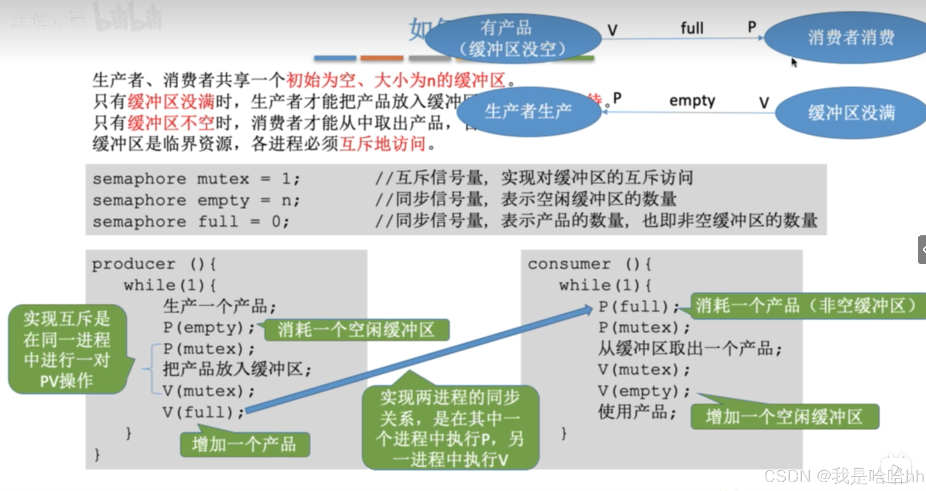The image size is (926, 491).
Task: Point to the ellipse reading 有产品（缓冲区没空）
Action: tap(513, 38)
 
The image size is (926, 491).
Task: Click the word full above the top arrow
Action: tap(692, 28)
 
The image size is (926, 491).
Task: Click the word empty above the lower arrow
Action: tap(692, 101)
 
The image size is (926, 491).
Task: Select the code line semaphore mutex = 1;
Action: tap(196, 179)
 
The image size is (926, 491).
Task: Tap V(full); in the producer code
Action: tap(203, 412)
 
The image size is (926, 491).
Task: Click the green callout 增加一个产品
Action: tap(244, 445)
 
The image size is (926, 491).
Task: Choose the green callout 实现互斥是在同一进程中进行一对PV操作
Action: tap(67, 349)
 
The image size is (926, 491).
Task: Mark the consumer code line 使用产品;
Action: tap(637, 412)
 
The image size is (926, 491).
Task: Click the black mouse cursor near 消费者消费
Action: tap(794, 63)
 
